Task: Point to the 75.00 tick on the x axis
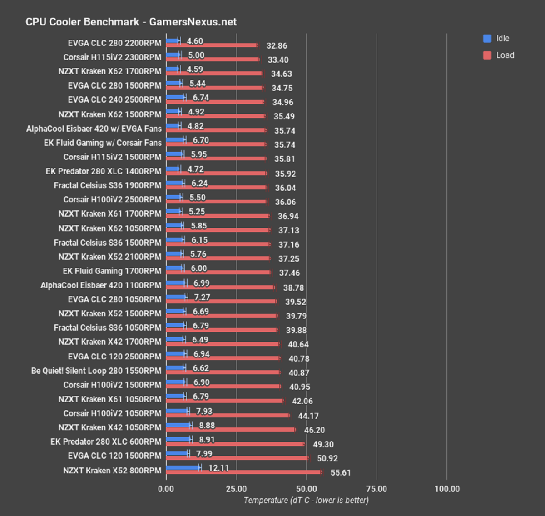pos(376,489)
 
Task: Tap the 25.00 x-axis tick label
pos(236,489)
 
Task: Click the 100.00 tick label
pos(447,489)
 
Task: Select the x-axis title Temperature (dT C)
pos(306,500)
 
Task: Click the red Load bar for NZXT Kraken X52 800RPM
pos(243,472)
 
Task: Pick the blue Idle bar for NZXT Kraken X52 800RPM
pos(183,467)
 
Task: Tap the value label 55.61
pos(341,473)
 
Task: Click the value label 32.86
pos(277,46)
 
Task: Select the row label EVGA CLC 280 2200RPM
pos(114,43)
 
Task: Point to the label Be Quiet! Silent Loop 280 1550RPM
pos(96,371)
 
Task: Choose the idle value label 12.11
pos(218,468)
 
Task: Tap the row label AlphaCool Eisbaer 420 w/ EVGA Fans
pos(94,129)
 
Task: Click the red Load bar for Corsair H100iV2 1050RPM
pos(228,415)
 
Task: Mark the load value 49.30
pos(323,444)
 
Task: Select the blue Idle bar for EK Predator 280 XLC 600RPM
pos(178,439)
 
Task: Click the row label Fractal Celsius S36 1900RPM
pos(108,185)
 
